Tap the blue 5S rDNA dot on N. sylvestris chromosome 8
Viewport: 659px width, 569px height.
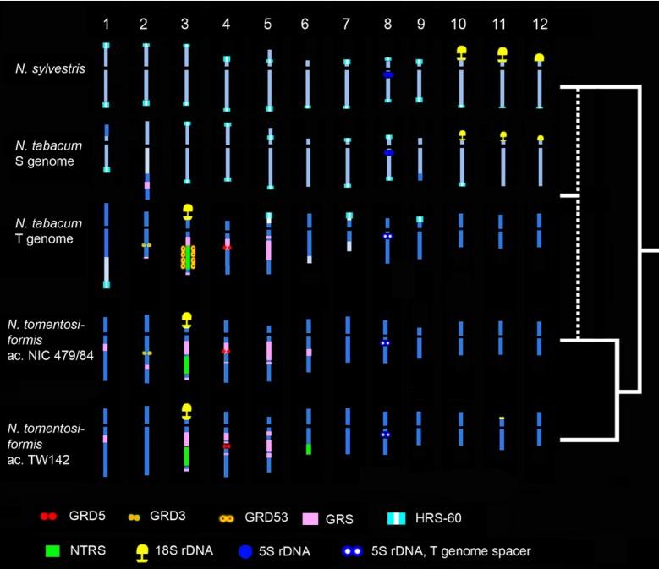click(x=387, y=74)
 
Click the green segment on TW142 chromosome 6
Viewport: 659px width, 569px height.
click(x=309, y=448)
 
